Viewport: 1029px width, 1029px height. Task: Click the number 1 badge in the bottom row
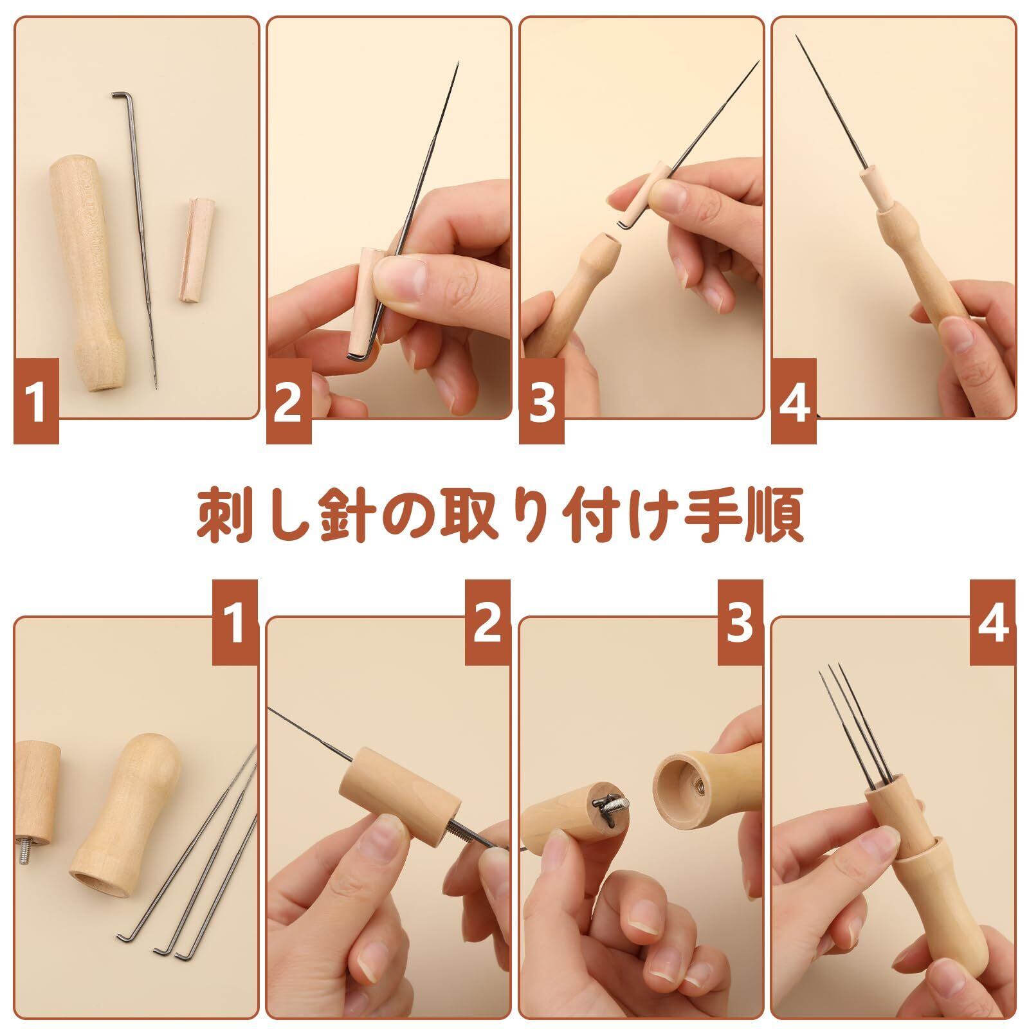click(235, 623)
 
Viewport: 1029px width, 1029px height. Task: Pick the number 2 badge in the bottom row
click(487, 623)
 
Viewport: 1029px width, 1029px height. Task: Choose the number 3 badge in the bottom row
click(740, 623)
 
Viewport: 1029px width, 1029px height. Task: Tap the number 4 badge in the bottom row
click(993, 623)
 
